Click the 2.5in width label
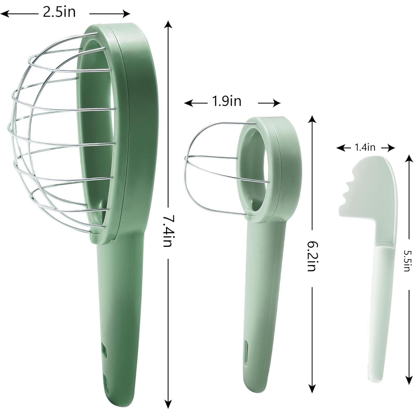(x=59, y=12)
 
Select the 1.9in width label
(x=226, y=101)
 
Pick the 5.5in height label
(x=407, y=261)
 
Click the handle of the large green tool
(x=122, y=318)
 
